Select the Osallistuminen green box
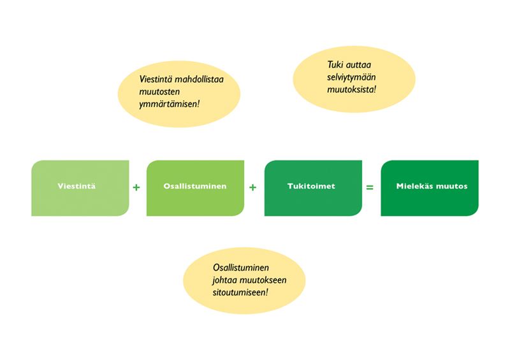[195, 188]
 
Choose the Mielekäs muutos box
[429, 188]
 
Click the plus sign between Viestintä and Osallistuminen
[136, 188]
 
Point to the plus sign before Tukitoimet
[253, 188]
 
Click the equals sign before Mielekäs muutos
[370, 188]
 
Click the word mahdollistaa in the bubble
[199, 80]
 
